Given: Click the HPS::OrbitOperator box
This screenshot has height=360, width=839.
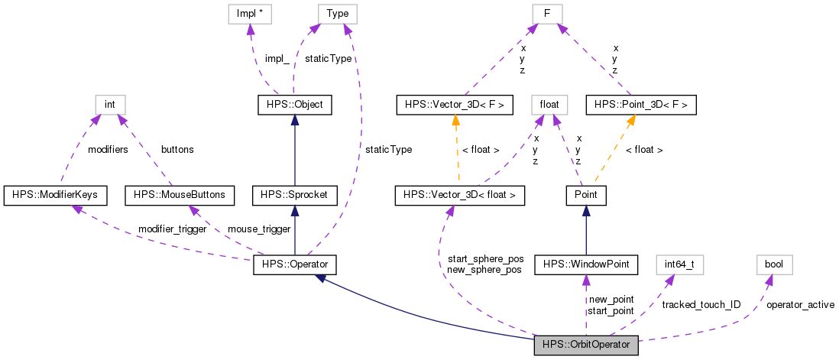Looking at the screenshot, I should pos(585,345).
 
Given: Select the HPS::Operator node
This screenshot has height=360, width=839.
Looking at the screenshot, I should pos(295,265).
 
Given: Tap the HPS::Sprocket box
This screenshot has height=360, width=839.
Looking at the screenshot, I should pos(295,196).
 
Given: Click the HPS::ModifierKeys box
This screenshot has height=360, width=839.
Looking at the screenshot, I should pos(55,196).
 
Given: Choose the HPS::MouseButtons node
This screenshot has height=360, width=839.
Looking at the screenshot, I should pos(179,196).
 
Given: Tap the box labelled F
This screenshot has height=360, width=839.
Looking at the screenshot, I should pos(548,14).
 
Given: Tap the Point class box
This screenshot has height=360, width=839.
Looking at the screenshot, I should pos(586,196).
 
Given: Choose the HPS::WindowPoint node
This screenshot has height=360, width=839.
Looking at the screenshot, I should pos(586,265).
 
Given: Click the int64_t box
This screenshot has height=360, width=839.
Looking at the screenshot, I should pos(679,265).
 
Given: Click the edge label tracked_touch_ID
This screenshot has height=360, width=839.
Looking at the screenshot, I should pos(701,304).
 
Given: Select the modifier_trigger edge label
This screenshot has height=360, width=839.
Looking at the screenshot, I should pos(172,229).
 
